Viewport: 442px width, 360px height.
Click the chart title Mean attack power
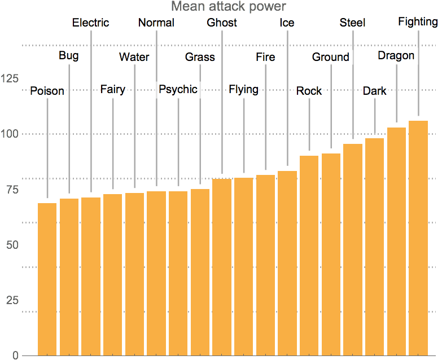229,7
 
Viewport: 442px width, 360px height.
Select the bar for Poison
47,279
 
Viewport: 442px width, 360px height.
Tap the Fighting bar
418,237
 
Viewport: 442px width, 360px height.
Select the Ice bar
287,263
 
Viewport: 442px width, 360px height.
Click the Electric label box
91,23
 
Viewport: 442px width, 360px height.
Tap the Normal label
156,23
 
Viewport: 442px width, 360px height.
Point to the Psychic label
178,90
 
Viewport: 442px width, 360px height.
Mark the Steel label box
353,23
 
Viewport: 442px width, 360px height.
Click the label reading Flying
243,90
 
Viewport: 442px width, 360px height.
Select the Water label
134,57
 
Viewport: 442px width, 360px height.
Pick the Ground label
331,57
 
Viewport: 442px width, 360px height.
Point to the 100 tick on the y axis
11,134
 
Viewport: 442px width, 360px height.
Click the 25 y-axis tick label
12,300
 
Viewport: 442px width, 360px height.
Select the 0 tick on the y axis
16,355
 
